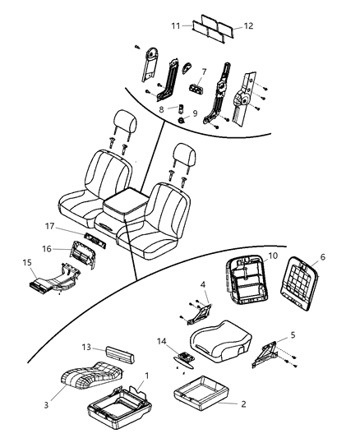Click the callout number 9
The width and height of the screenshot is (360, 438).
click(x=194, y=114)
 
